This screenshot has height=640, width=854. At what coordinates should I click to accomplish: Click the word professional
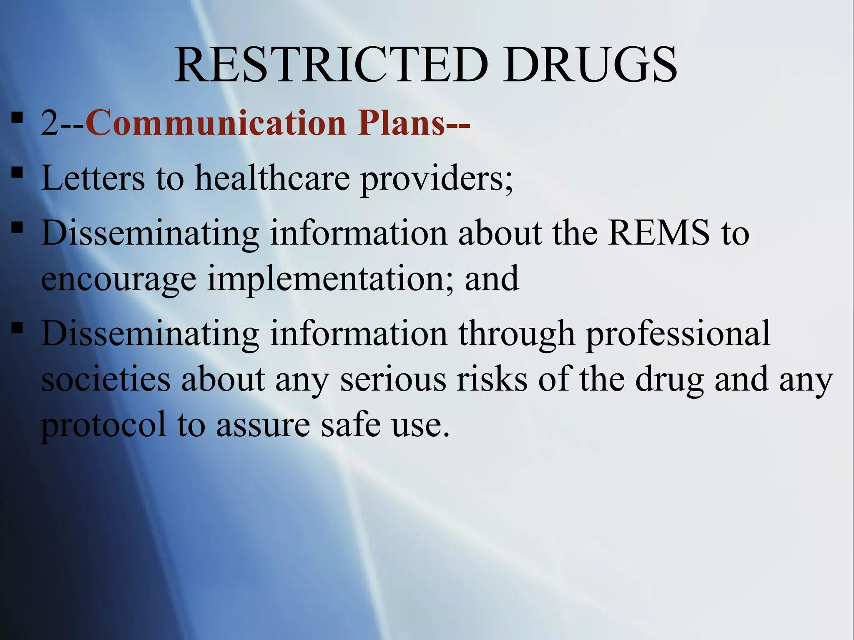[x=678, y=334]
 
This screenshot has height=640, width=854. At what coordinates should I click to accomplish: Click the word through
[x=517, y=334]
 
